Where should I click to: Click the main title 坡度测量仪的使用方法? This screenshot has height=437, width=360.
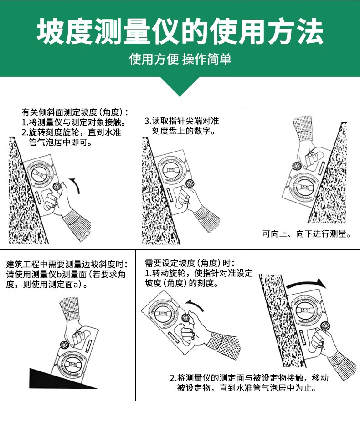(x=180, y=31)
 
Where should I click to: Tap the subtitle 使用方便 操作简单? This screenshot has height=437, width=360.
(x=180, y=59)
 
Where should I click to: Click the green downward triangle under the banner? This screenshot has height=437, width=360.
(x=180, y=86)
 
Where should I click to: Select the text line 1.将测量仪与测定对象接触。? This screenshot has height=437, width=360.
(x=74, y=122)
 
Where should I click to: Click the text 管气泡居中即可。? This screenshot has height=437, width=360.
(x=61, y=142)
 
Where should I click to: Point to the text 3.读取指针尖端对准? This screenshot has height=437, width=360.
(x=182, y=121)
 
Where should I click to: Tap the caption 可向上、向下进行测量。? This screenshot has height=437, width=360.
(x=307, y=234)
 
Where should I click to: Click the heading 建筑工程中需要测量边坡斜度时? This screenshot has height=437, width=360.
(x=67, y=264)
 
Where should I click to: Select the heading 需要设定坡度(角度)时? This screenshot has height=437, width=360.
(x=190, y=263)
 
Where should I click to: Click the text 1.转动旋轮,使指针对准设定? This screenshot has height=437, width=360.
(x=199, y=273)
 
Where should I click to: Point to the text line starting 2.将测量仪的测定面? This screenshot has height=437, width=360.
(x=249, y=378)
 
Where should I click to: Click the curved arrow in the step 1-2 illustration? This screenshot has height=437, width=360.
(x=76, y=184)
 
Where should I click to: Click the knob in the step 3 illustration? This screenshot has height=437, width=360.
(x=190, y=184)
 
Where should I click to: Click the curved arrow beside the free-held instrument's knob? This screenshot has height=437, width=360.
(x=195, y=305)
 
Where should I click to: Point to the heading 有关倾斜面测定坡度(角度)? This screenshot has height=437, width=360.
(x=75, y=112)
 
